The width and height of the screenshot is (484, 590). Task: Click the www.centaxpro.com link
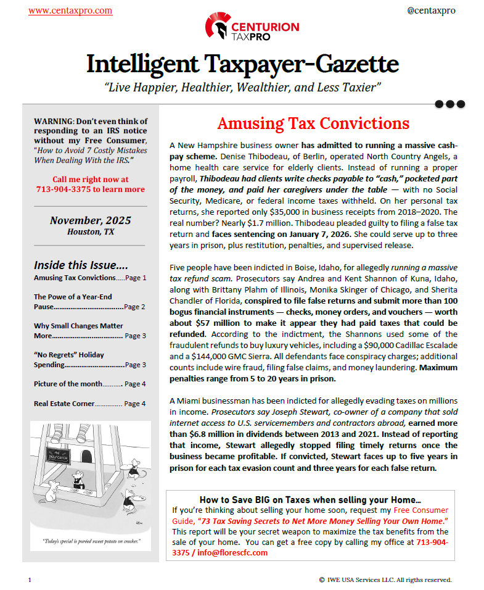70,10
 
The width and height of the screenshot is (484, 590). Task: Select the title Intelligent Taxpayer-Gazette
242,64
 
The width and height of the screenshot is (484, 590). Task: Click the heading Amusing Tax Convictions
313,123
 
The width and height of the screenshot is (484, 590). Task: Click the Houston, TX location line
91,231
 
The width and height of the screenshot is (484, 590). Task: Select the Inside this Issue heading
81,265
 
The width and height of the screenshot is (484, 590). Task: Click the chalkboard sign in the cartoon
65,460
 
